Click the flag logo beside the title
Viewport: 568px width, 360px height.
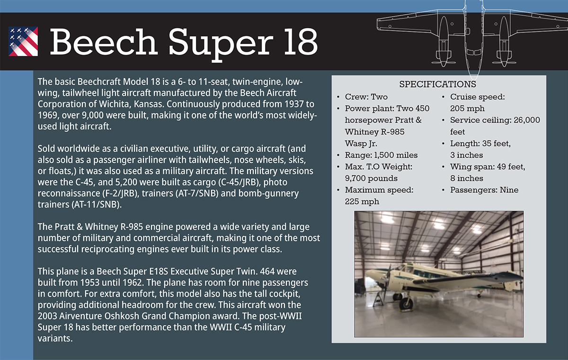tap(23, 41)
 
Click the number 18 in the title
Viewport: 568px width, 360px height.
tap(301, 41)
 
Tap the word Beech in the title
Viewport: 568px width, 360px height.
tap(104, 41)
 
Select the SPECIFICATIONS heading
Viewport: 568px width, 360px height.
tap(438, 84)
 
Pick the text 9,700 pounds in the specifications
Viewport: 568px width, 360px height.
tap(371, 179)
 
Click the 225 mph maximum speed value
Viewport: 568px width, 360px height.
tap(362, 202)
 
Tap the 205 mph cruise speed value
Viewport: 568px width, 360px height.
tap(467, 108)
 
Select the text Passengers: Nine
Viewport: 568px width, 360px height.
tap(484, 190)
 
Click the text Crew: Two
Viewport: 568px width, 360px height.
tap(366, 97)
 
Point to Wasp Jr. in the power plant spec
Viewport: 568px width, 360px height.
tap(361, 144)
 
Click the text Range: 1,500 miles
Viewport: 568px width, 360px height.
tap(381, 155)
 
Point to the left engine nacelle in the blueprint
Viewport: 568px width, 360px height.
tap(444, 42)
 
